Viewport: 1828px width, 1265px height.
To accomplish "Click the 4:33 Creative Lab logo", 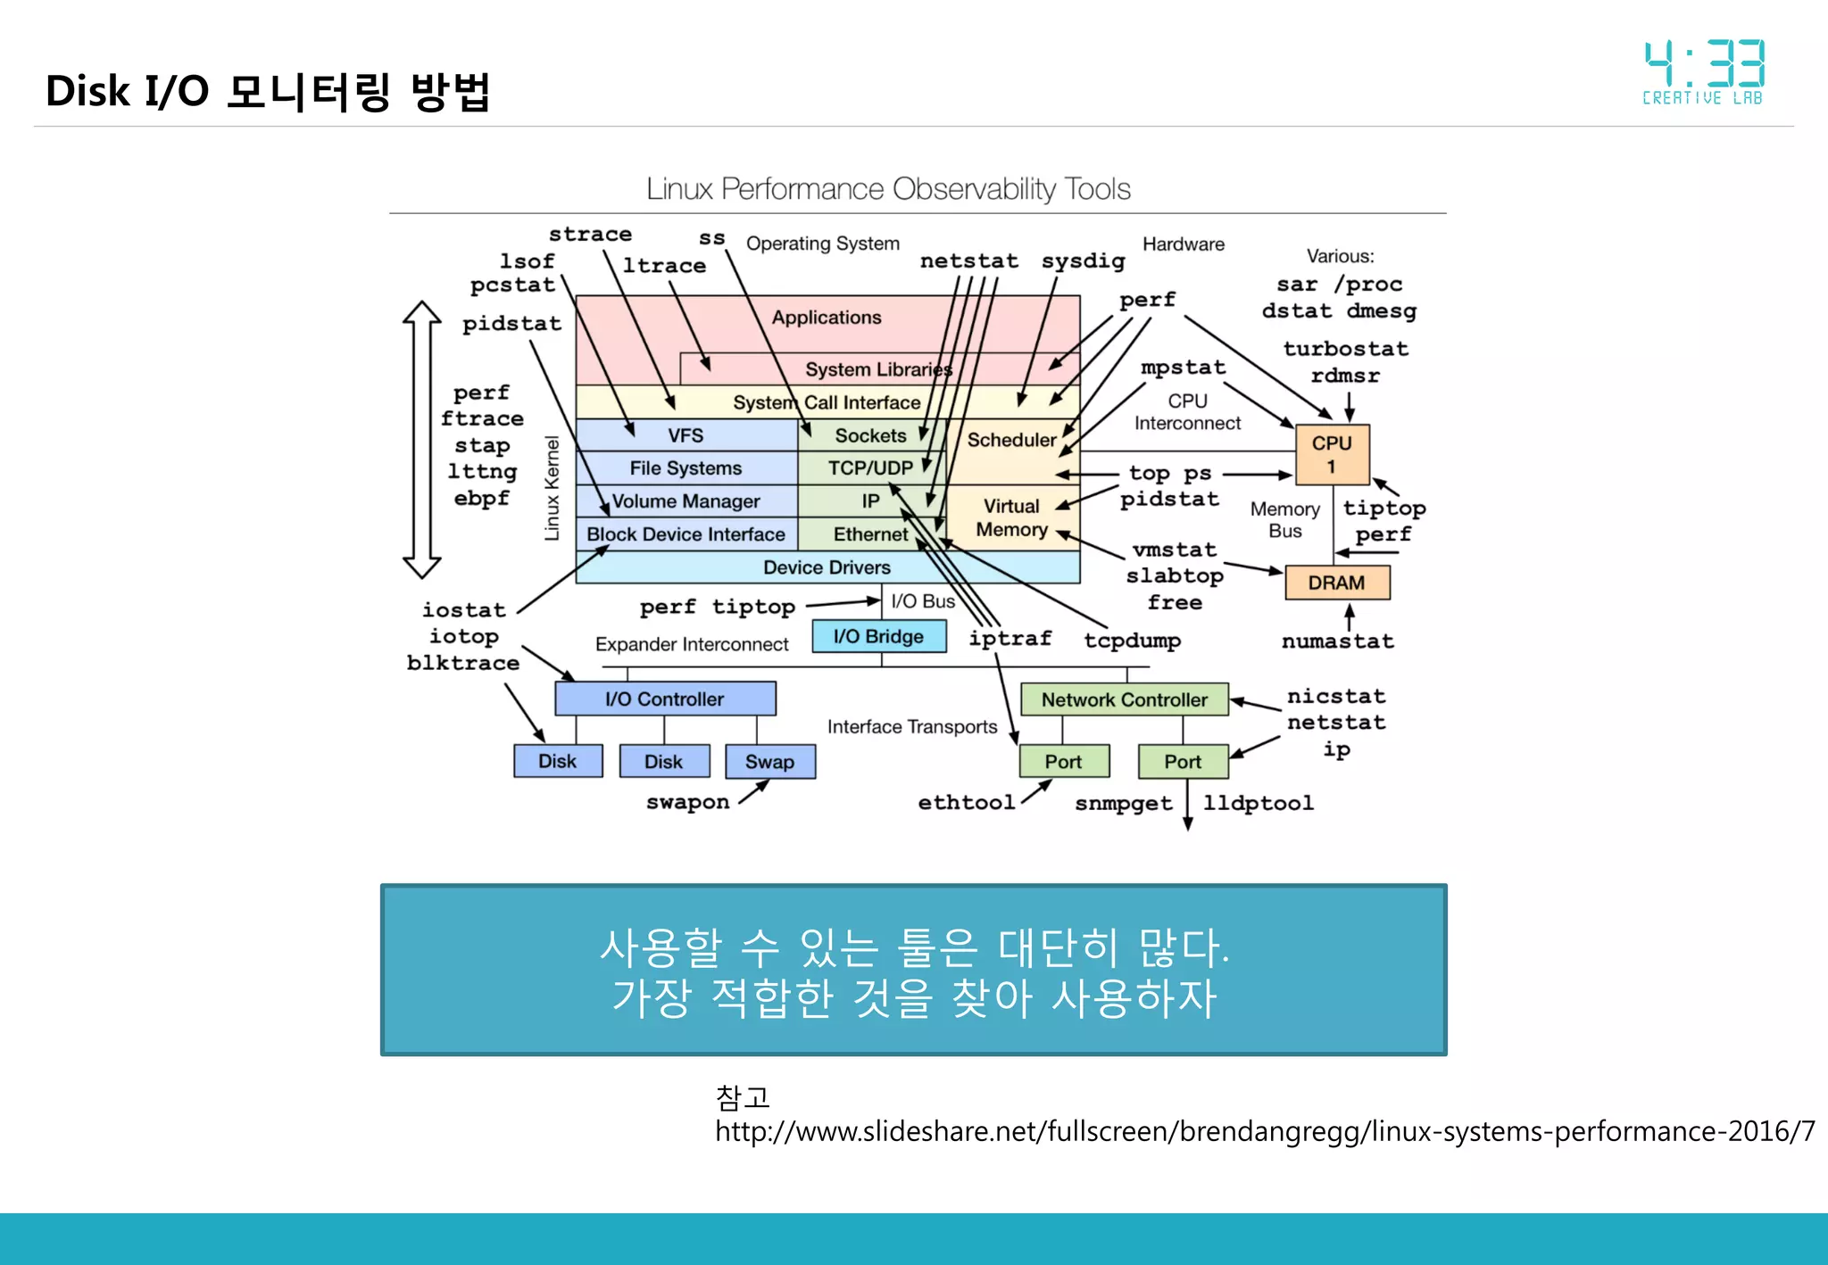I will (x=1703, y=72).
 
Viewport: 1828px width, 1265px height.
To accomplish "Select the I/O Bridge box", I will (x=878, y=636).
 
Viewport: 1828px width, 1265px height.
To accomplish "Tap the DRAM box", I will (x=1336, y=583).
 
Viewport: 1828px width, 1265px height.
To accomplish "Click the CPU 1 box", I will (x=1332, y=454).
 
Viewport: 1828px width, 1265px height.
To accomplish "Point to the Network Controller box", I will (x=1124, y=699).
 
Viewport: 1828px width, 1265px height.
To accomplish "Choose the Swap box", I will (x=769, y=762).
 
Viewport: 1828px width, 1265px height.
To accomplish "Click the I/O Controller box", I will (x=665, y=699).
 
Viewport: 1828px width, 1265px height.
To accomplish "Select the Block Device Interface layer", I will (x=685, y=534).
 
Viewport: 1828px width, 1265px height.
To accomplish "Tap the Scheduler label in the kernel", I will (x=1011, y=440).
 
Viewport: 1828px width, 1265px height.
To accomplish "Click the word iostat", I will (x=464, y=610).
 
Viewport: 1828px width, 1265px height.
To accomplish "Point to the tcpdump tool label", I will (x=1132, y=641).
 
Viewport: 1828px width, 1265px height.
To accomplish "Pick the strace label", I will (x=590, y=234).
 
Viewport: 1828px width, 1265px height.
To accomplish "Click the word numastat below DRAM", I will (x=1337, y=641).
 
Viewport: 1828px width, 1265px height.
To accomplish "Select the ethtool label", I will (x=967, y=803).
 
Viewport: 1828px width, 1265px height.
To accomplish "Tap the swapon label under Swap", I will (x=687, y=802).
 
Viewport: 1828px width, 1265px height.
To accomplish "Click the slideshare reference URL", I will (x=1264, y=1131).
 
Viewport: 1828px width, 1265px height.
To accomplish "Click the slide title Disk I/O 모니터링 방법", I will (x=268, y=91).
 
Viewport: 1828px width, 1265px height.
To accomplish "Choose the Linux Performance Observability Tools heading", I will (x=888, y=189).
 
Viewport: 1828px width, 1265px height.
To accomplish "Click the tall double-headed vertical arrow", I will (x=422, y=440).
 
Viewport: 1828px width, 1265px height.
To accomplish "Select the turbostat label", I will (x=1345, y=349).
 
